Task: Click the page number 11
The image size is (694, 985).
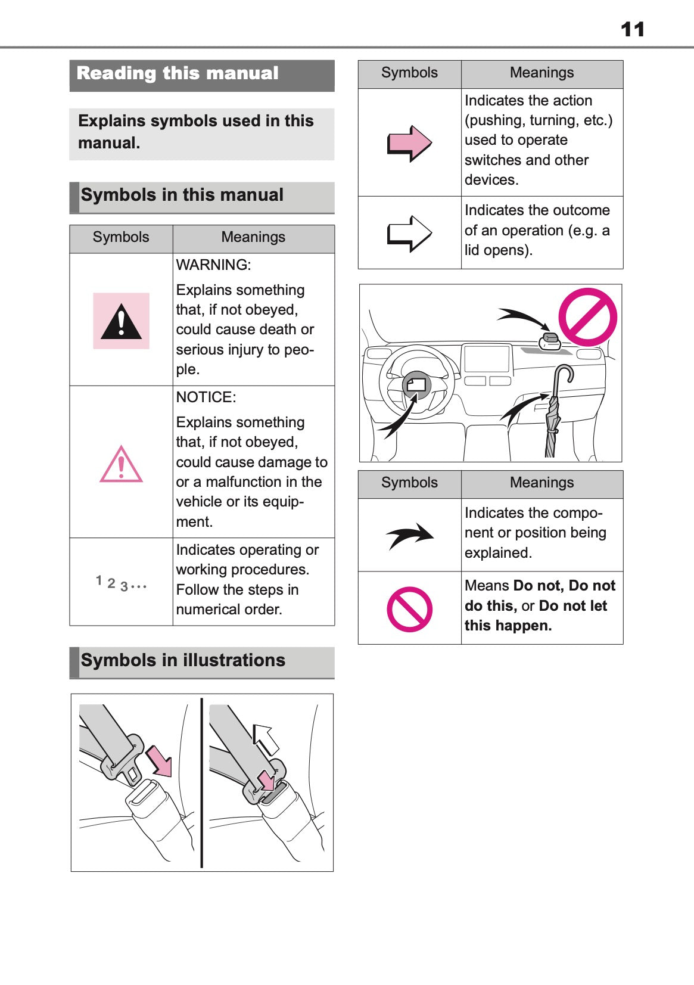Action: point(632,29)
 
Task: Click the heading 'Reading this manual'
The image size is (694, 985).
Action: point(178,73)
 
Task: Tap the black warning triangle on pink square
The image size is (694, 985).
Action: point(121,321)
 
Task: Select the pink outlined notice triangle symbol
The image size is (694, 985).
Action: point(121,465)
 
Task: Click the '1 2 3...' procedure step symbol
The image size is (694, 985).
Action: point(121,583)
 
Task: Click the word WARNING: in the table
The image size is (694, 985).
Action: point(213,265)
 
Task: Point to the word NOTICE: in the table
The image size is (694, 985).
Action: point(206,397)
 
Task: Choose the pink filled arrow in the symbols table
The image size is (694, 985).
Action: point(409,144)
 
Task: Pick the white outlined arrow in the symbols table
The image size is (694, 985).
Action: point(409,233)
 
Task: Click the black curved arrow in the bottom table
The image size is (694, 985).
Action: point(410,535)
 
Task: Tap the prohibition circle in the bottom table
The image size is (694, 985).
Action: point(409,609)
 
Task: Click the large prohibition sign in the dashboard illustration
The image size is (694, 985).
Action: point(587,317)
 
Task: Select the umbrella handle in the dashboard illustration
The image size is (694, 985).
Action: point(563,375)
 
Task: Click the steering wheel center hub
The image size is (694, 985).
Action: point(416,386)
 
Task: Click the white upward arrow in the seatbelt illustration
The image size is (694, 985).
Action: point(265,739)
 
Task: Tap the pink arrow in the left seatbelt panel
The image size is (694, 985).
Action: point(160,761)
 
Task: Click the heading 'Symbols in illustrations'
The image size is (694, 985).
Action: point(183,660)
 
